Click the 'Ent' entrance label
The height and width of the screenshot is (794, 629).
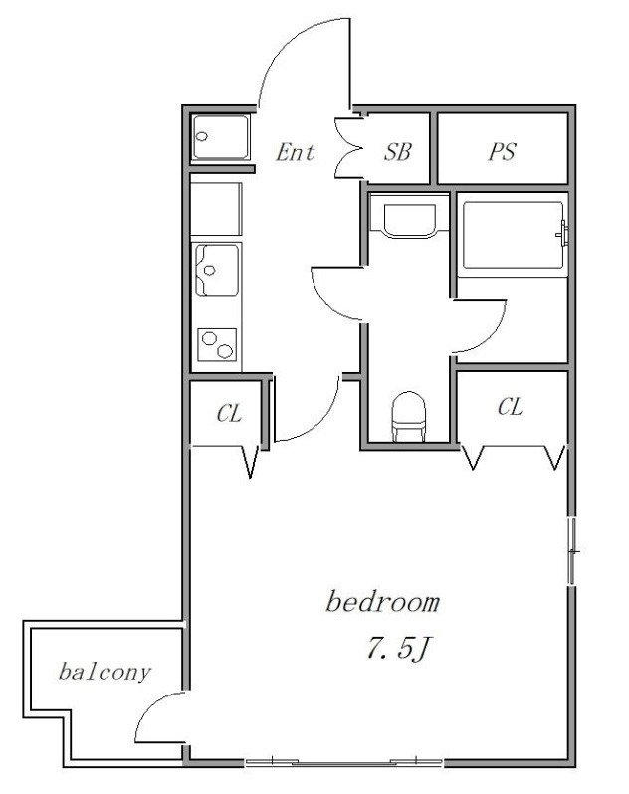coord(296,152)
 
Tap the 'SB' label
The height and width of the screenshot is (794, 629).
coord(397,151)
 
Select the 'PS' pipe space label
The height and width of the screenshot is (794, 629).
coord(502,151)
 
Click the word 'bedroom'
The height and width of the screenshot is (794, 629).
coord(382,602)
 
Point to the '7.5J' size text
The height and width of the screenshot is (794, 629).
coord(398,648)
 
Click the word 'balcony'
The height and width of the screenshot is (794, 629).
coord(105,672)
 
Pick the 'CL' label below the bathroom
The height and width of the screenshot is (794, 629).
coord(510,407)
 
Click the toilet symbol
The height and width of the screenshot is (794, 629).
coord(409,416)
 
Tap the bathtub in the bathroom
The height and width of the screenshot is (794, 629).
coord(513,236)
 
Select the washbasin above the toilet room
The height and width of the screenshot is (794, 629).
coord(409,220)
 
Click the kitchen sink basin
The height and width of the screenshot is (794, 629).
coord(217,270)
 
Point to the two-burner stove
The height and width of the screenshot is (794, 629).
coord(217,345)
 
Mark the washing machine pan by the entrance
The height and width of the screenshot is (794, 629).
coord(221,137)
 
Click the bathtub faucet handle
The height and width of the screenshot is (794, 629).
coord(562,235)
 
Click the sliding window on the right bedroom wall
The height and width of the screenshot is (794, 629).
coord(571,551)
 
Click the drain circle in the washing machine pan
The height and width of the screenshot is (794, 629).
coord(202,136)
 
